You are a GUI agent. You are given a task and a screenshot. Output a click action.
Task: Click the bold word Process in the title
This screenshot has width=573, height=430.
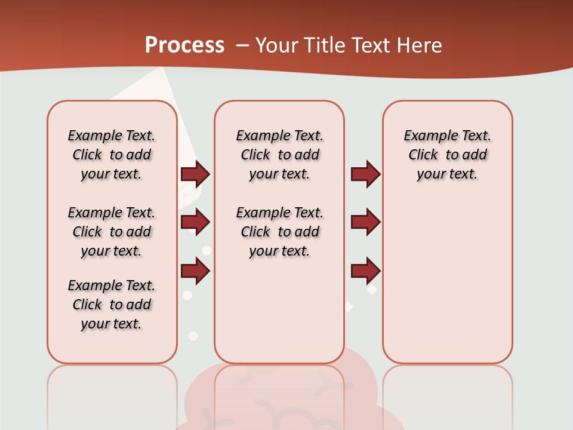184,45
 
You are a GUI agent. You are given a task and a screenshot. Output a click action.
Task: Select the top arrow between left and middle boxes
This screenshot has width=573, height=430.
195,174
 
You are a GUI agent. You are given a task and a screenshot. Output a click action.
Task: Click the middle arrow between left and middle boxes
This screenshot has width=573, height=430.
195,222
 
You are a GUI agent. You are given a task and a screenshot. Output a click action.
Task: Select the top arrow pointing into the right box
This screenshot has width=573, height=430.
365,174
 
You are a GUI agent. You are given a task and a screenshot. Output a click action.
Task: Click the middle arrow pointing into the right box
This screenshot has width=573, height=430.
365,222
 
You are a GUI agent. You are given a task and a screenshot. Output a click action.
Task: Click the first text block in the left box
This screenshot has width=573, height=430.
112,155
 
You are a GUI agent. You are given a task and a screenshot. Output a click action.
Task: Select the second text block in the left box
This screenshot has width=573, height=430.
112,232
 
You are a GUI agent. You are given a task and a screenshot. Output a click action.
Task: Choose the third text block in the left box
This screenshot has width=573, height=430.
112,305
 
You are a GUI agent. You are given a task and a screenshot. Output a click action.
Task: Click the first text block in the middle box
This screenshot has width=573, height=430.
279,155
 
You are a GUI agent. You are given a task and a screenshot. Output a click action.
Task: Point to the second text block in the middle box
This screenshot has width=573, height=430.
279,232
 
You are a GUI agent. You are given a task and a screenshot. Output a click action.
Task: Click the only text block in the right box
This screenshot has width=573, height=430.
447,155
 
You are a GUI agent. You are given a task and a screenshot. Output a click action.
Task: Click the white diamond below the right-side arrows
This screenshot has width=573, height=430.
372,290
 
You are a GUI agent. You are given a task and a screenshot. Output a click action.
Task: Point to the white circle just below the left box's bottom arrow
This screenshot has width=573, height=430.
187,295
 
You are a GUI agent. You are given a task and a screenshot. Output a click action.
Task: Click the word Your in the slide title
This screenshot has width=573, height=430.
278,45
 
